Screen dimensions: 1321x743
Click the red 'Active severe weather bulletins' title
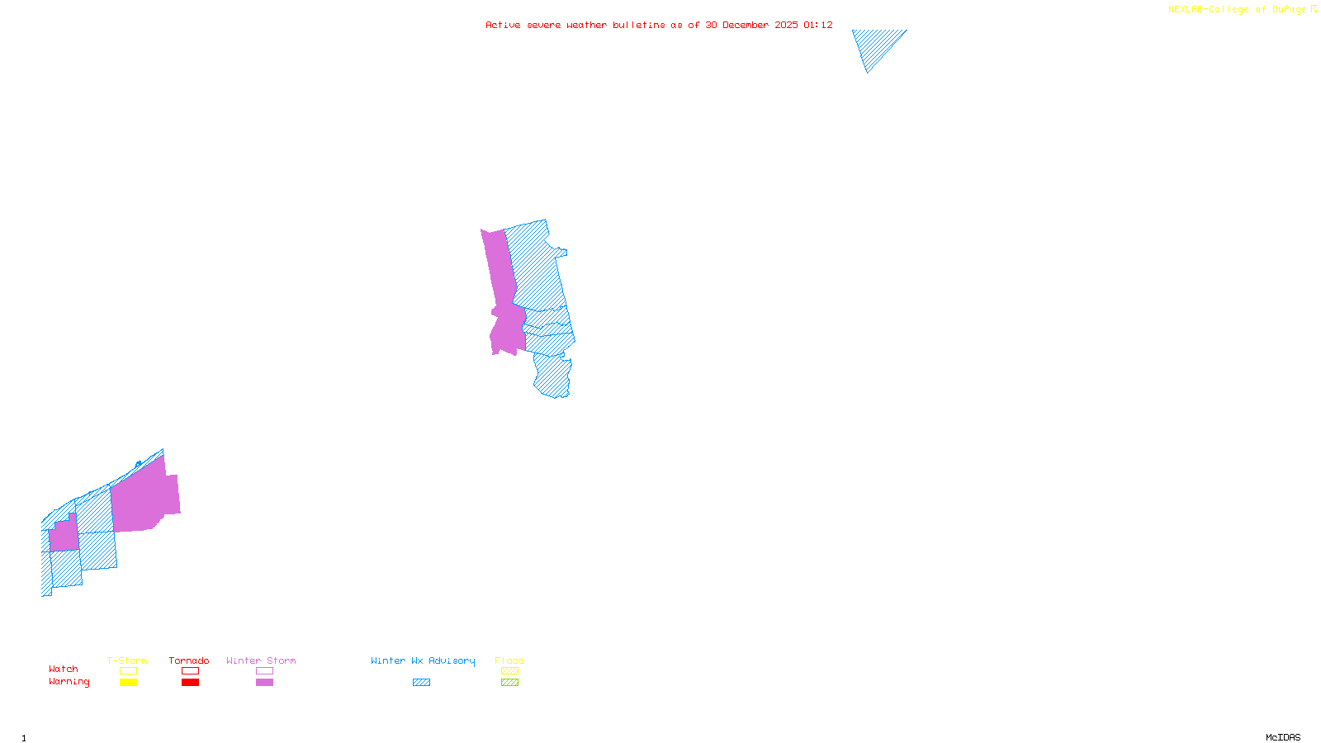click(659, 25)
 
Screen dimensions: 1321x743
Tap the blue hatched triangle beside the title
click(875, 45)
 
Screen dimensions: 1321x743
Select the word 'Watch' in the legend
click(64, 669)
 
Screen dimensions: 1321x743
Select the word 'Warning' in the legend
click(69, 682)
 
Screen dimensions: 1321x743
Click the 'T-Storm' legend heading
click(127, 660)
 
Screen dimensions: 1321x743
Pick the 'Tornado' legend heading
click(189, 660)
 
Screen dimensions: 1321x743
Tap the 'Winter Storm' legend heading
click(261, 660)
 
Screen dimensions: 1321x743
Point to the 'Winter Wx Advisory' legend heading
click(423, 660)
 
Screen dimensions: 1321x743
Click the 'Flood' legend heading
click(509, 660)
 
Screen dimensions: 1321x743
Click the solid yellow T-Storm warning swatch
click(128, 683)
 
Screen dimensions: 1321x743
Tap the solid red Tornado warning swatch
click(190, 683)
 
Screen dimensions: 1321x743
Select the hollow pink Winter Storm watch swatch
click(264, 671)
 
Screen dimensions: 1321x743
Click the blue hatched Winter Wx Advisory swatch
click(421, 683)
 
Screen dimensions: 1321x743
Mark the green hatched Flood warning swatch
click(509, 683)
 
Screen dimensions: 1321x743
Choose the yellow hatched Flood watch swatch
click(509, 671)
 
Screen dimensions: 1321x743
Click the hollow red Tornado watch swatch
click(190, 671)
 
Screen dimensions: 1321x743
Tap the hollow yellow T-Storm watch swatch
click(128, 671)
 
